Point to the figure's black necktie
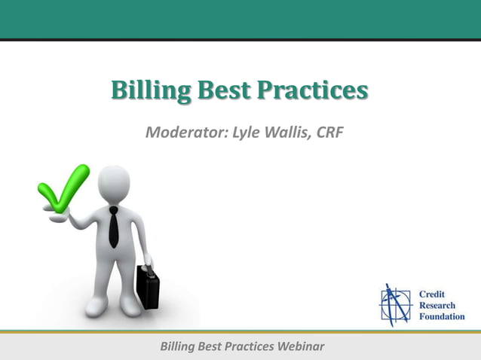click(114, 227)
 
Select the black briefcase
click(147, 285)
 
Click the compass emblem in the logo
click(396, 305)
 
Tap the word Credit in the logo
click(433, 293)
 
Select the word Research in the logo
click(437, 305)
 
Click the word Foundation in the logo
click(442, 316)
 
